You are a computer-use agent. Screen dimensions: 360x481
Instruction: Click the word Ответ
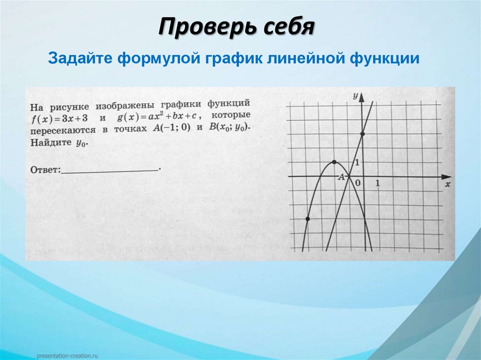[x=45, y=169]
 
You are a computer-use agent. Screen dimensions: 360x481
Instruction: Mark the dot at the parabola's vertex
[x=334, y=162]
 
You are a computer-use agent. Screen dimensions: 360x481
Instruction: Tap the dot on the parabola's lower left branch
[x=307, y=219]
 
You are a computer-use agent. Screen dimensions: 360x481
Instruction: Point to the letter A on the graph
[x=341, y=177]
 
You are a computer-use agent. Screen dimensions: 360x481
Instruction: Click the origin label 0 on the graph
[x=358, y=182]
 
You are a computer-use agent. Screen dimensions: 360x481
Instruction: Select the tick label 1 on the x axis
[x=377, y=183]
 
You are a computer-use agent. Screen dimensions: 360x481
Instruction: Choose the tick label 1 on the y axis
[x=357, y=162]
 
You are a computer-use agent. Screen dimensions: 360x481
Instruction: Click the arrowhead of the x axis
[x=444, y=176]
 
